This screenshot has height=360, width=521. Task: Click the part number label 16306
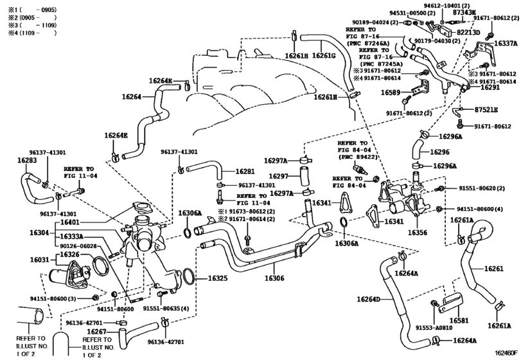click(x=274, y=278)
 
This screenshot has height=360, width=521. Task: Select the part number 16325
click(x=218, y=278)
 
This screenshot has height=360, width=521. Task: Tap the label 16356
click(x=418, y=233)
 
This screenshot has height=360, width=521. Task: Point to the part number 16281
click(x=245, y=172)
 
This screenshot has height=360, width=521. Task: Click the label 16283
click(x=27, y=160)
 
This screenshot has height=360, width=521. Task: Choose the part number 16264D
click(x=369, y=299)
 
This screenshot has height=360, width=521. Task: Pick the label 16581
click(x=459, y=320)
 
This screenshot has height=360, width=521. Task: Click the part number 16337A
click(x=506, y=44)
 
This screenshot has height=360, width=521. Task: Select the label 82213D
click(x=468, y=32)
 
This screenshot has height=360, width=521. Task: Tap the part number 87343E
click(x=464, y=12)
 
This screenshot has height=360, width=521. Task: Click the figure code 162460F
click(x=507, y=352)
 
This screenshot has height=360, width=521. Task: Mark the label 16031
click(x=39, y=260)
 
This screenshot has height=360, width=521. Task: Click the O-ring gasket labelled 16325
click(x=188, y=276)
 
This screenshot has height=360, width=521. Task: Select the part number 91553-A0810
click(x=434, y=327)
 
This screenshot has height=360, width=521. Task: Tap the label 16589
click(x=391, y=93)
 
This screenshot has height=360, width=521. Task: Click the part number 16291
click(x=481, y=88)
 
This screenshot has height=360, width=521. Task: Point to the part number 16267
click(x=96, y=332)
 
